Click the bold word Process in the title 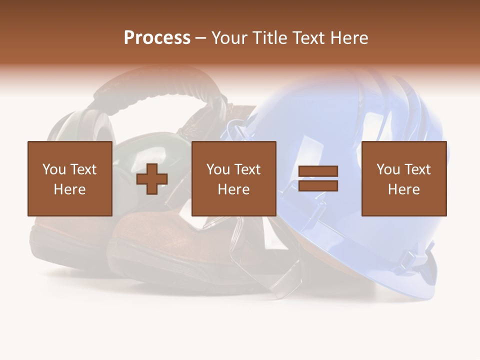pos(157,38)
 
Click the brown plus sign pos(152,179)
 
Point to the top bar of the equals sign pos(318,171)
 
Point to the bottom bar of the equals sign pos(318,186)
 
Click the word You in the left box pos(54,169)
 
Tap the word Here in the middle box pos(233,189)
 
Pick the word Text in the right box pos(417,169)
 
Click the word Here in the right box pos(403,189)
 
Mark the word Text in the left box pos(83,169)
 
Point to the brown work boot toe pos(140,240)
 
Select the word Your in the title pos(229,38)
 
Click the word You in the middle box pos(218,169)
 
